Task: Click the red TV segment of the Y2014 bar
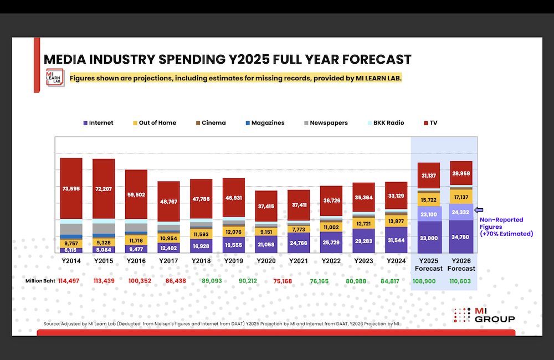71,188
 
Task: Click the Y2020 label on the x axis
266,260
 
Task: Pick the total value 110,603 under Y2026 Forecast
461,281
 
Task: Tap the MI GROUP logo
484,315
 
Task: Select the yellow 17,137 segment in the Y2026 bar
461,197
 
